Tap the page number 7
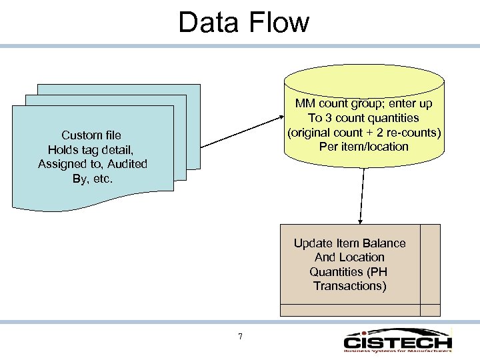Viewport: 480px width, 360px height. (240, 336)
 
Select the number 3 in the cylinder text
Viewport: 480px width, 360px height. (334, 118)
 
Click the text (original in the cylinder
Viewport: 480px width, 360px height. (309, 132)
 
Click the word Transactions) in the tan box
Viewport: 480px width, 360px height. (350, 286)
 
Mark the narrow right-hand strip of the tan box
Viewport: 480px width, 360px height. (430, 263)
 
